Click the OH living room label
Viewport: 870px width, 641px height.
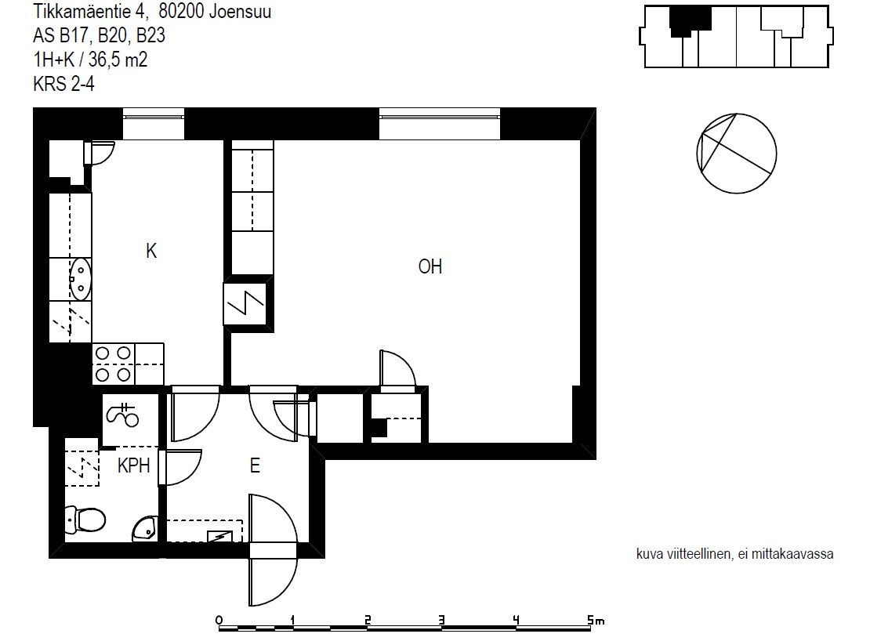[x=430, y=266]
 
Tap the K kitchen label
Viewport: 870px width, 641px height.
[x=151, y=251]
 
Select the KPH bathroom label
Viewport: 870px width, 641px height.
[x=134, y=465]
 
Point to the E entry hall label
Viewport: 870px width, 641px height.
[x=255, y=465]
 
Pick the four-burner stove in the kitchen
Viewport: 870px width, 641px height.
[x=113, y=364]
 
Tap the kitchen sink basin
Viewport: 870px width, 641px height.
[x=81, y=279]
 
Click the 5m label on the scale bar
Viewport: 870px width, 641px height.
[x=596, y=620]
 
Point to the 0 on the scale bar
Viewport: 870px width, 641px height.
[x=219, y=620]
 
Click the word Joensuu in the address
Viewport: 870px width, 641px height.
[x=240, y=11]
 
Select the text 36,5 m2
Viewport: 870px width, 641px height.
[x=118, y=60]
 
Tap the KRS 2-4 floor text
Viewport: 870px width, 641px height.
[x=63, y=84]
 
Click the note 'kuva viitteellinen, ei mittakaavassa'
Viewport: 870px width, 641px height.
[x=734, y=553]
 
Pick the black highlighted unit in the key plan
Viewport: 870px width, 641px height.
[x=690, y=20]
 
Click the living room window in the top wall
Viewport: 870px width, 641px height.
[x=440, y=123]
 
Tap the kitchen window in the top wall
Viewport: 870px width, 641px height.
[x=153, y=123]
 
